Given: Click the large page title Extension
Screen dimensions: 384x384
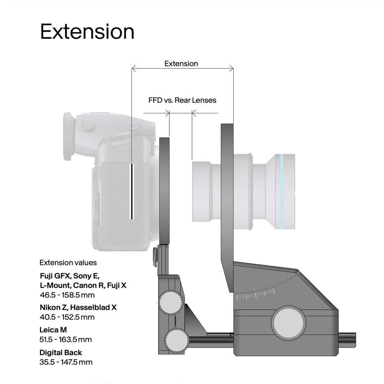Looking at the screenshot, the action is (87, 32).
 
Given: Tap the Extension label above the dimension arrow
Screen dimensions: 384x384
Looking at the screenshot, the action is (181, 64).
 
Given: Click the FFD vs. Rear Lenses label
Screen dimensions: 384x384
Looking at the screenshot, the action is (182, 100).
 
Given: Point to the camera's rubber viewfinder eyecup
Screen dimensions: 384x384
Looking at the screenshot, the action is (67, 136).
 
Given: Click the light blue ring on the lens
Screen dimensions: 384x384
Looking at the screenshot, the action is (282, 192).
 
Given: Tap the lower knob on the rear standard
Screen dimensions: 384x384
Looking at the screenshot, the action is (177, 341).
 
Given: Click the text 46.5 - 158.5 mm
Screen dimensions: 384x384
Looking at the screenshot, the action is (67, 295).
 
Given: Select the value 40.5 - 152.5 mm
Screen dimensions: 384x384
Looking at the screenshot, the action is (67, 317).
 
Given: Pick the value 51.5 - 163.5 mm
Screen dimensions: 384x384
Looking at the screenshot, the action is (66, 340).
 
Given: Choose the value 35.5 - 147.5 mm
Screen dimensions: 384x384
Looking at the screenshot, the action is (66, 362).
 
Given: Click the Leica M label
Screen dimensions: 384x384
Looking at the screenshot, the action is (53, 330).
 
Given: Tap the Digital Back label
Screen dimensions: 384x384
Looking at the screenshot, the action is (61, 353).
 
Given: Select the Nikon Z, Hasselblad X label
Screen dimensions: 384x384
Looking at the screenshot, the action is (78, 307).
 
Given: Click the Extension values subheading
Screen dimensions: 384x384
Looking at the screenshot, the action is (68, 262).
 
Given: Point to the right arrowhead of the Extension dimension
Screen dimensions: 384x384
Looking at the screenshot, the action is (232, 68).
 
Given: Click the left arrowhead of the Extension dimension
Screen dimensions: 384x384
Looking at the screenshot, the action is (134, 68).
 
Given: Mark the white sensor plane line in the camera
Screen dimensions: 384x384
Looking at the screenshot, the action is (132, 191).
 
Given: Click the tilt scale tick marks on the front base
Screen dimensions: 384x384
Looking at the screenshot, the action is (255, 295).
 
